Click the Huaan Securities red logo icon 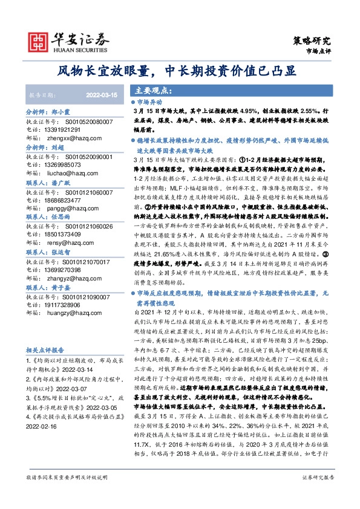point(38,40)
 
